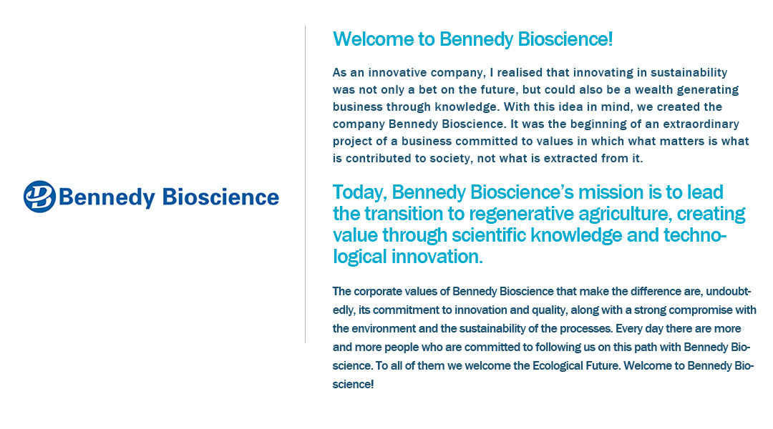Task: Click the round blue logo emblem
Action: (x=39, y=197)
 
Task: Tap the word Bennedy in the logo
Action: (x=107, y=197)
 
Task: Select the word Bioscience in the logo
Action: (x=220, y=197)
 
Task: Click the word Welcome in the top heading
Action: (x=373, y=39)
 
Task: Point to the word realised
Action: (x=520, y=72)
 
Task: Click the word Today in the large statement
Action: (x=359, y=192)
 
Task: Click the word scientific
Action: (x=489, y=235)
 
